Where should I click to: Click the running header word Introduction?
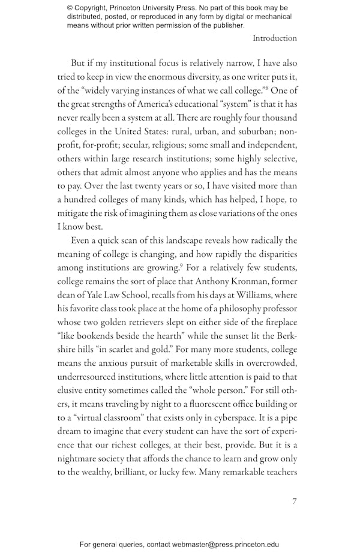pyautogui.click(x=274, y=38)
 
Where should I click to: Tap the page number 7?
pyautogui.click(x=294, y=501)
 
